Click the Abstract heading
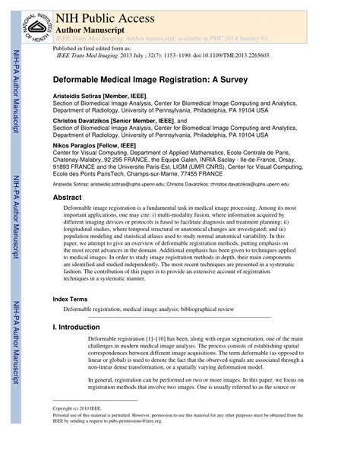pos(67,197)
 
